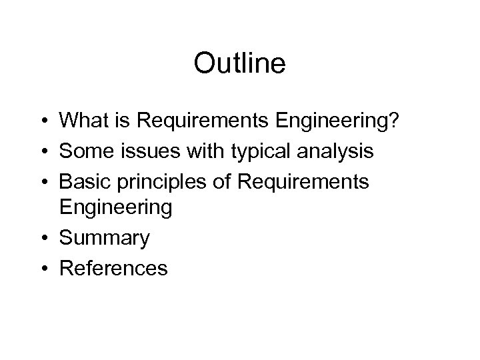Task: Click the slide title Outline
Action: click(240, 64)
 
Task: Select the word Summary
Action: click(105, 239)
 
